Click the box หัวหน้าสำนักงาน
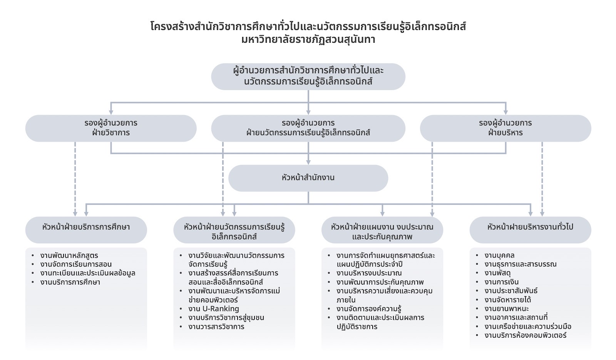pyautogui.click(x=308, y=178)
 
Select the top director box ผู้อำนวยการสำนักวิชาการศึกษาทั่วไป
pyautogui.click(x=308, y=76)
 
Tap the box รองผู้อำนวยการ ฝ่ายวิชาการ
pyautogui.click(x=111, y=128)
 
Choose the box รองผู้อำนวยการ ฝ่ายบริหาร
pyautogui.click(x=505, y=128)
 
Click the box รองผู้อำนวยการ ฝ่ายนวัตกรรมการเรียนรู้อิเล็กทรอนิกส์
pyautogui.click(x=308, y=128)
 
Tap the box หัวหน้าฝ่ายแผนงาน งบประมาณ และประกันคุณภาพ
pyautogui.click(x=382, y=231)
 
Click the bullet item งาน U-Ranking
pyautogui.click(x=214, y=309)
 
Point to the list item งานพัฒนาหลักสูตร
pyautogui.click(x=69, y=255)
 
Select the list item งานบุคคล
pyautogui.click(x=499, y=255)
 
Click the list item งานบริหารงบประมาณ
pyautogui.click(x=369, y=273)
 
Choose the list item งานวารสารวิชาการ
pyautogui.click(x=216, y=327)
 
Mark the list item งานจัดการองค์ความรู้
pyautogui.click(x=369, y=309)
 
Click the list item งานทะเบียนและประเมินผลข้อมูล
pyautogui.click(x=88, y=273)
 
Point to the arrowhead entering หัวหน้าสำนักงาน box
pyautogui.click(x=308, y=162)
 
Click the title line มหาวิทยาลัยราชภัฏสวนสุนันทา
pyautogui.click(x=308, y=40)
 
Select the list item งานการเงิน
pyautogui.click(x=501, y=282)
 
